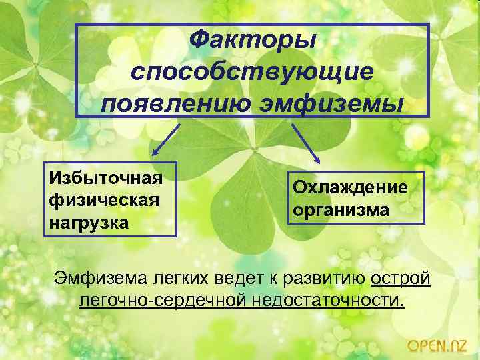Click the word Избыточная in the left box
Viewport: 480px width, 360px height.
(105, 178)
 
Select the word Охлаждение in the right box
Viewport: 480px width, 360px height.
(349, 187)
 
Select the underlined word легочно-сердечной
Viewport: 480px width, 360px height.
(163, 300)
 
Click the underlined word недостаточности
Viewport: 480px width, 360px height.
(329, 300)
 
